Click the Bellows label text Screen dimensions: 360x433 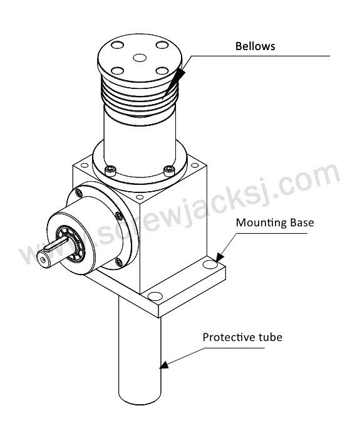click(255, 46)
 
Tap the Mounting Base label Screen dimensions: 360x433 click(275, 222)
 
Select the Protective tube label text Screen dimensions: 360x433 click(242, 337)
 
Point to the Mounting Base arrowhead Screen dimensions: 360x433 click(219, 258)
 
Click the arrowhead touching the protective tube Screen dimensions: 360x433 click(165, 365)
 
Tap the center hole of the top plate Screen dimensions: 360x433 click(140, 58)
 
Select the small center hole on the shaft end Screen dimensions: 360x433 click(42, 260)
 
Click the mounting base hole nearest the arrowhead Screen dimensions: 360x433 click(210, 264)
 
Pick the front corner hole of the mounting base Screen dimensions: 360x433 click(155, 296)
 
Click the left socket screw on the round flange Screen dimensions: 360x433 click(110, 170)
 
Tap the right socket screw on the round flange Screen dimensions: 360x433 click(169, 170)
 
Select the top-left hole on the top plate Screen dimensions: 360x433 click(118, 44)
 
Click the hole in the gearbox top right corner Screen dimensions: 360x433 click(195, 165)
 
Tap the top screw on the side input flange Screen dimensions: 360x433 click(79, 192)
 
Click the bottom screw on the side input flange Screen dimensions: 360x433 click(119, 262)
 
